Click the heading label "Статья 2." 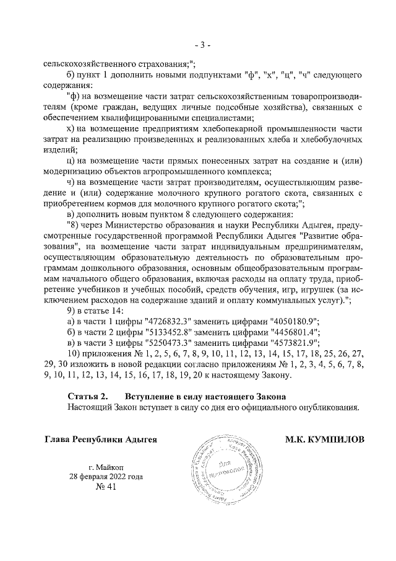point(87,395)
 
